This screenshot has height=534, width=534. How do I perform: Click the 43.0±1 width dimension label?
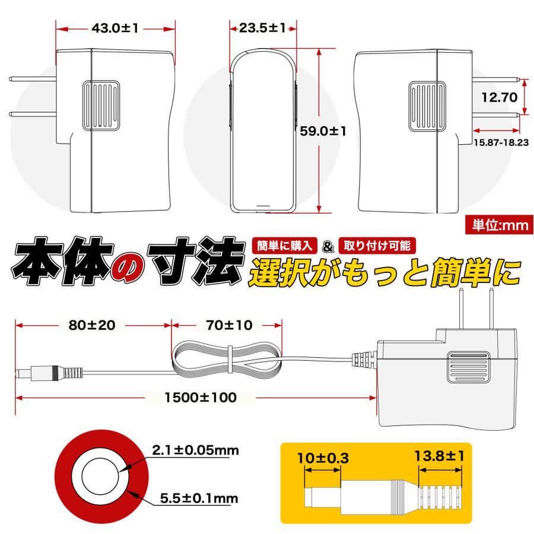(x=116, y=28)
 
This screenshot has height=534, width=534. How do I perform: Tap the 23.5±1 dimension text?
(x=263, y=28)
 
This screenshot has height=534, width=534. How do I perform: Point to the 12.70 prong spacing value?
(x=500, y=97)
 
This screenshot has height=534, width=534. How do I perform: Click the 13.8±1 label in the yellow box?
(x=440, y=456)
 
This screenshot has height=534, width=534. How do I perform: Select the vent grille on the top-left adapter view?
(x=101, y=106)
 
